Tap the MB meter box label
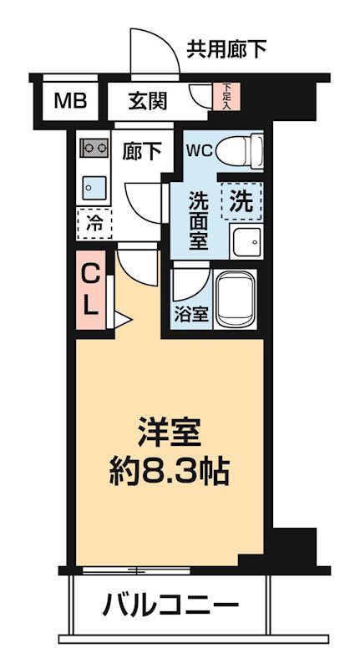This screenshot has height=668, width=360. coord(69,102)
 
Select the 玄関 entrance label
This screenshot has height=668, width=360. coord(148,102)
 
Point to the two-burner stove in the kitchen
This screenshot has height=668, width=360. coord(93,149)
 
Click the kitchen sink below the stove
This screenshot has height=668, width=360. coord(93,185)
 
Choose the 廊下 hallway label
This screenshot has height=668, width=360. coord(142,151)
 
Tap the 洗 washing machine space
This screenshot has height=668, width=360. coord(241,201)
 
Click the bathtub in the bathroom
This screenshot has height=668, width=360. coord(239,299)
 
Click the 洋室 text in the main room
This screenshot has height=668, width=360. coord(170,435)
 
